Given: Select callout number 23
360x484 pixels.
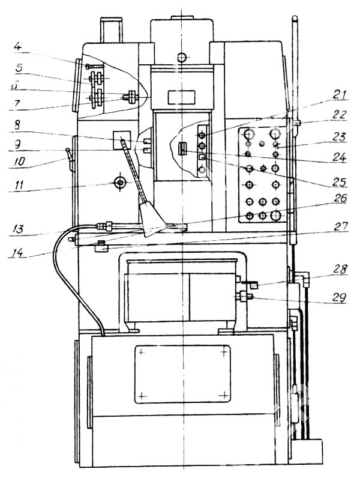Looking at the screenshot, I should [340, 137].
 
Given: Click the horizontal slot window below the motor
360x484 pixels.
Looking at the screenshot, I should [182, 96].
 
